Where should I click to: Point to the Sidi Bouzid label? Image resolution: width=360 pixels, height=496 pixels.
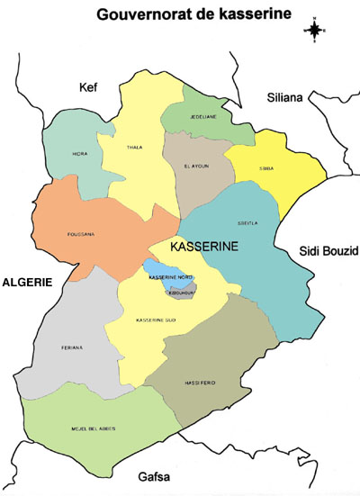click(x=318, y=254)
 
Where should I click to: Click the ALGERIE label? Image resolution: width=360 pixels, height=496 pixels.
click(x=26, y=282)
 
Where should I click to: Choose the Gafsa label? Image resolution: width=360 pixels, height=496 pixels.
click(x=155, y=477)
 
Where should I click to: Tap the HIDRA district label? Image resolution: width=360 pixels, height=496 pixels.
click(x=80, y=154)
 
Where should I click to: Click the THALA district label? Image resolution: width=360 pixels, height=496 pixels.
click(x=135, y=148)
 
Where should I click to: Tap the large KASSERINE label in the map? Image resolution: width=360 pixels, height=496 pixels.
click(x=204, y=246)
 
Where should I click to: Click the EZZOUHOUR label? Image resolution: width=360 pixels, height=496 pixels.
click(x=180, y=292)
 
